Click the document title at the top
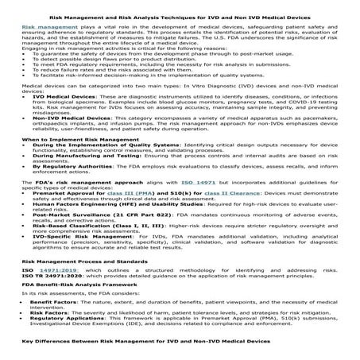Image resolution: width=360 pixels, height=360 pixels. click(180, 12)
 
